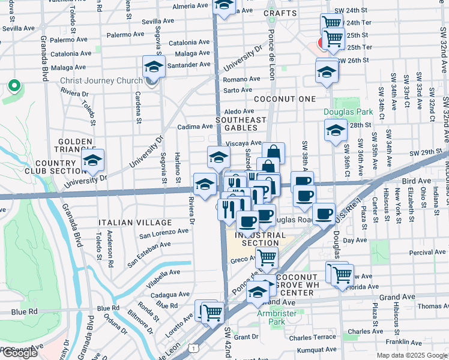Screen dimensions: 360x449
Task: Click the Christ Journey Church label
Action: point(101,81)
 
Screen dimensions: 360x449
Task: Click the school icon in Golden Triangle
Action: point(92,160)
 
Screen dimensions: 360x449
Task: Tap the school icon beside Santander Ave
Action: point(154,67)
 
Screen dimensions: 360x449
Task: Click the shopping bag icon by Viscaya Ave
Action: point(273,154)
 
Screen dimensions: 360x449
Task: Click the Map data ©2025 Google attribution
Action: point(411,355)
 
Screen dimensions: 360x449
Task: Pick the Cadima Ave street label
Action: point(195,127)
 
